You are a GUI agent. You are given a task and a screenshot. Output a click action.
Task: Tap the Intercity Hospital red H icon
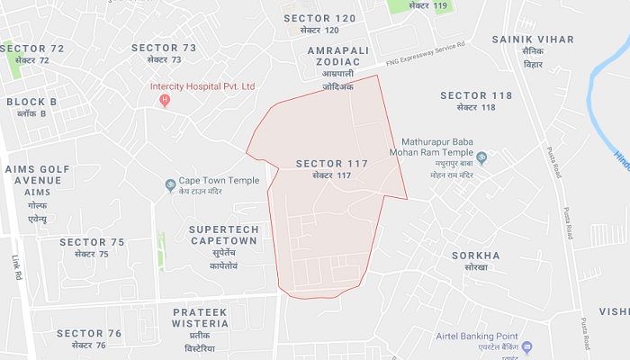click(164, 100)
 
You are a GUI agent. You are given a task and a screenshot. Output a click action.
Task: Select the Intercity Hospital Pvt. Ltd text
click(203, 86)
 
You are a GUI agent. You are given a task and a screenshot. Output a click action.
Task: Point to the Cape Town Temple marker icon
click(170, 185)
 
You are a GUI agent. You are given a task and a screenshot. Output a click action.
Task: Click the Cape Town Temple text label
click(219, 181)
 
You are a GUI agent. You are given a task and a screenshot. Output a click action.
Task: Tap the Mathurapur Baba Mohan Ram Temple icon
click(481, 158)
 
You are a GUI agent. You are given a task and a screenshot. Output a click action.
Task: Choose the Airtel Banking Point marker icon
click(527, 346)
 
